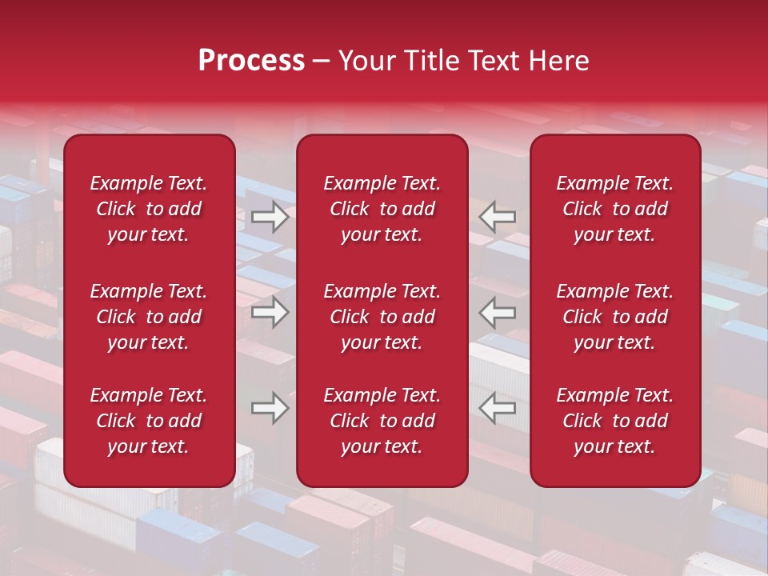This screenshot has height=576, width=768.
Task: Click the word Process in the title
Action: [251, 61]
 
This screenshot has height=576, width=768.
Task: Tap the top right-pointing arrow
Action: [270, 217]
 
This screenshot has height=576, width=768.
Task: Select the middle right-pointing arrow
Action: [270, 312]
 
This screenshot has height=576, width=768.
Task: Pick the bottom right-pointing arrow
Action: [270, 408]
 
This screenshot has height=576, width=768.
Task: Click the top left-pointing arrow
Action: [497, 217]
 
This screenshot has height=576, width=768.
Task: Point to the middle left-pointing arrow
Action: [497, 312]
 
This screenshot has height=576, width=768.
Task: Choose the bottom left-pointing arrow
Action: [497, 408]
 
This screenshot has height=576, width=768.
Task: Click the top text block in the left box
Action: [149, 209]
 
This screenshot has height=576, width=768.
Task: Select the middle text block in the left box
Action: [149, 317]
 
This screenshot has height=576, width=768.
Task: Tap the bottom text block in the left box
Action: [149, 421]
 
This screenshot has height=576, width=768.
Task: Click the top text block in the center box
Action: [382, 209]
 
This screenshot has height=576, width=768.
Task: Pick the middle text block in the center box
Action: [382, 317]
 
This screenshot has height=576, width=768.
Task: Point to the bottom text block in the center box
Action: [382, 421]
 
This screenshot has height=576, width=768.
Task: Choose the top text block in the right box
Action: [614, 209]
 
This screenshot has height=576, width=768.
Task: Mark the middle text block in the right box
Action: [614, 317]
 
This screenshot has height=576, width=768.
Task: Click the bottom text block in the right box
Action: [614, 421]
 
